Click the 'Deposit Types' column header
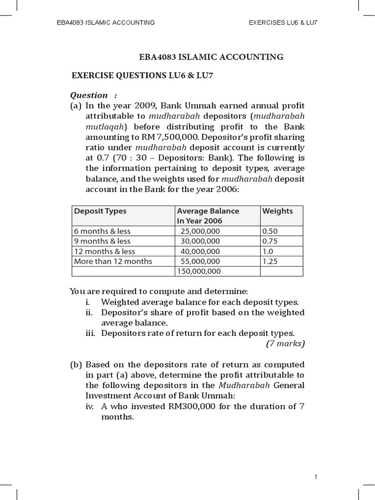tap(100, 211)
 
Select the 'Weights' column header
tap(277, 211)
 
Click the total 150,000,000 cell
tap(199, 271)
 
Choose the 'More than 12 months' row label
tap(113, 261)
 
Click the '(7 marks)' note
tap(285, 344)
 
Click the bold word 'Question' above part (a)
tap(89, 95)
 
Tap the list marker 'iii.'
tap(91, 333)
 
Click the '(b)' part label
tap(76, 365)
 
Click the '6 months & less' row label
tap(102, 231)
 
